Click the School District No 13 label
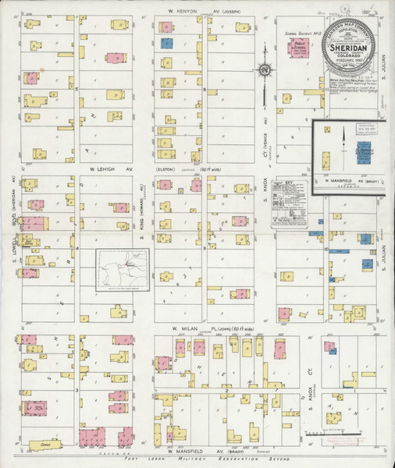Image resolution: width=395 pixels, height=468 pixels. (297, 35)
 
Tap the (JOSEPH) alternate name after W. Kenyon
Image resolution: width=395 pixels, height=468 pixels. (227, 12)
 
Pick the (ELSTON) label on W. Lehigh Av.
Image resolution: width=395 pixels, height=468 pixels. (165, 169)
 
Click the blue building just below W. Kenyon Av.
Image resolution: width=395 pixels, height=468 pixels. (166, 44)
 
